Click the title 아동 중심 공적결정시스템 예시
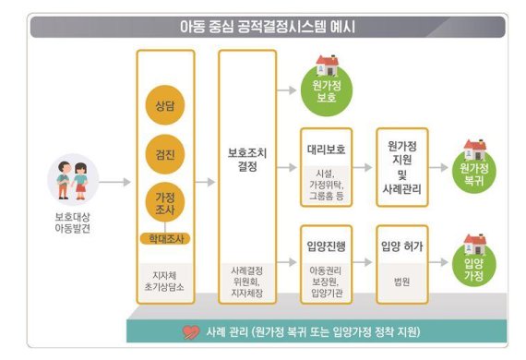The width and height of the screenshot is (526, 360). coord(268,26)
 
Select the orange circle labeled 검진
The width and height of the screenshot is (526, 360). coord(165,151)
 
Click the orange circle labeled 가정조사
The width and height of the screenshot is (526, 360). coord(165,201)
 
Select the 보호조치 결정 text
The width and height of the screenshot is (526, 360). coord(247,160)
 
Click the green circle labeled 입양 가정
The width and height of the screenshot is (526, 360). coord(476,268)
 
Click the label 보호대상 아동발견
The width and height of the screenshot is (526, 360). coord(73,222)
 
